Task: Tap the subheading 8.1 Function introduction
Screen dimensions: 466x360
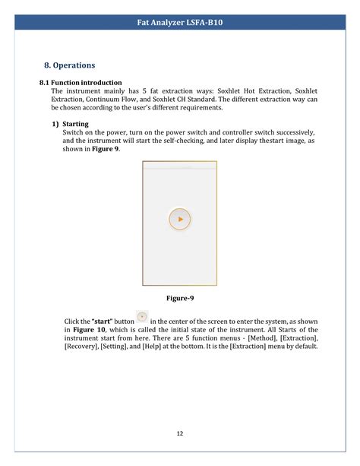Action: coord(80,82)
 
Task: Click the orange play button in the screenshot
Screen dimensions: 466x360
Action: coord(179,219)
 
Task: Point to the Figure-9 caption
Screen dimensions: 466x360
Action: coord(179,299)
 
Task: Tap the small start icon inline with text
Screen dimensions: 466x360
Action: coord(141,316)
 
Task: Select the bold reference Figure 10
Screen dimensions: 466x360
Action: coord(88,330)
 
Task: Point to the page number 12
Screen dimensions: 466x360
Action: coord(180,434)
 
